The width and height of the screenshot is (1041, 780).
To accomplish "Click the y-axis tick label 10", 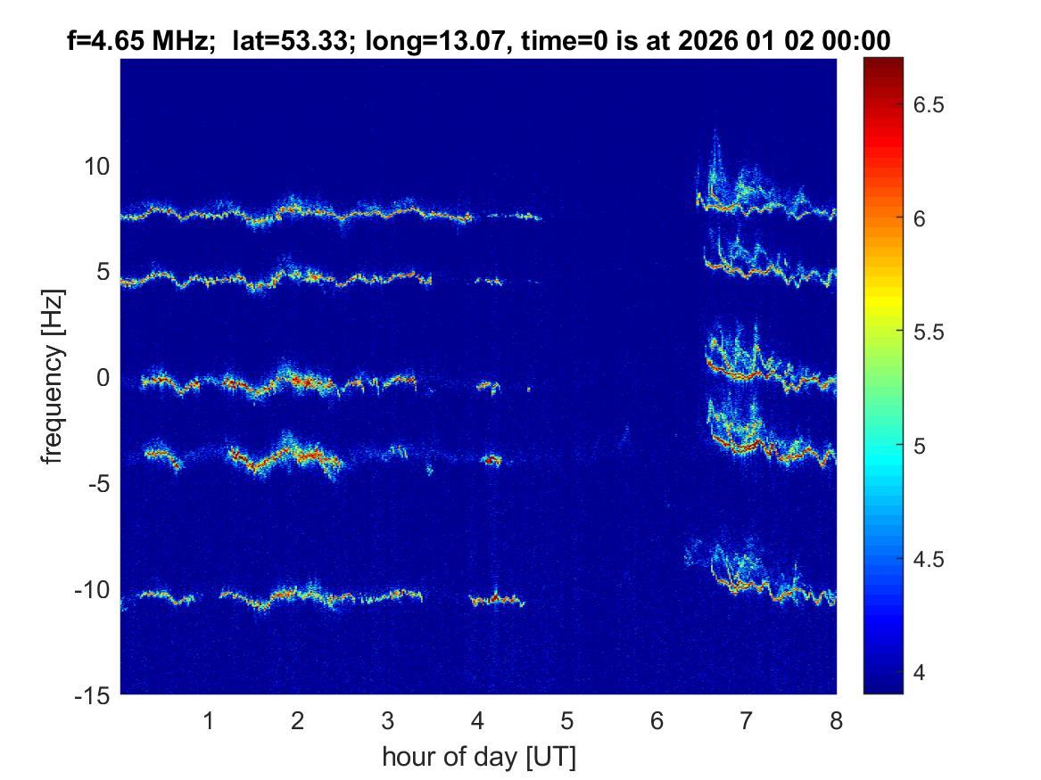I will (97, 167).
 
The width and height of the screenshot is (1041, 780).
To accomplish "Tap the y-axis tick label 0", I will (103, 378).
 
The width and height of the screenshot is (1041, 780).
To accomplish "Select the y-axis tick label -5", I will (98, 483).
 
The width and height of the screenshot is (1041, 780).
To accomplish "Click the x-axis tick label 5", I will (567, 720).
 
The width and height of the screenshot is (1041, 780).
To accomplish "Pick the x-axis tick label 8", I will (836, 720).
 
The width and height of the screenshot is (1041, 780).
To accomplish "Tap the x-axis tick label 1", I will (209, 720).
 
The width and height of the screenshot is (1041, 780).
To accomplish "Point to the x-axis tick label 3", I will (388, 720).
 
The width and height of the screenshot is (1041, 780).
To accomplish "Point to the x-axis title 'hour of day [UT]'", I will (478, 758).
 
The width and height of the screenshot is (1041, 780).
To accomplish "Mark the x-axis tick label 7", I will (747, 720).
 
